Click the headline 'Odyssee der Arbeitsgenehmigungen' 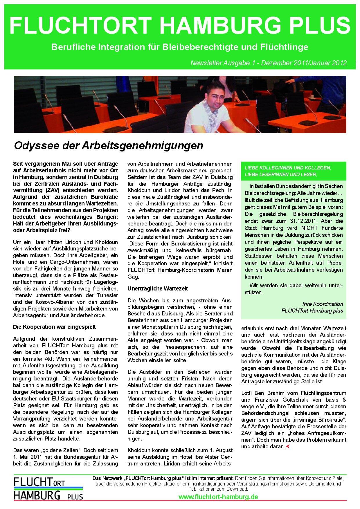coord(109,145)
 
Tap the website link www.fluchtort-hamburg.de coord(218,497)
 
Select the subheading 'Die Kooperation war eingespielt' coord(55,327)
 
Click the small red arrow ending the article coord(287,446)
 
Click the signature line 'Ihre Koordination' coord(323,304)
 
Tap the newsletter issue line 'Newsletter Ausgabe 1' coord(224,63)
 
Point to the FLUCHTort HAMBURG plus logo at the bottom coord(48,490)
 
